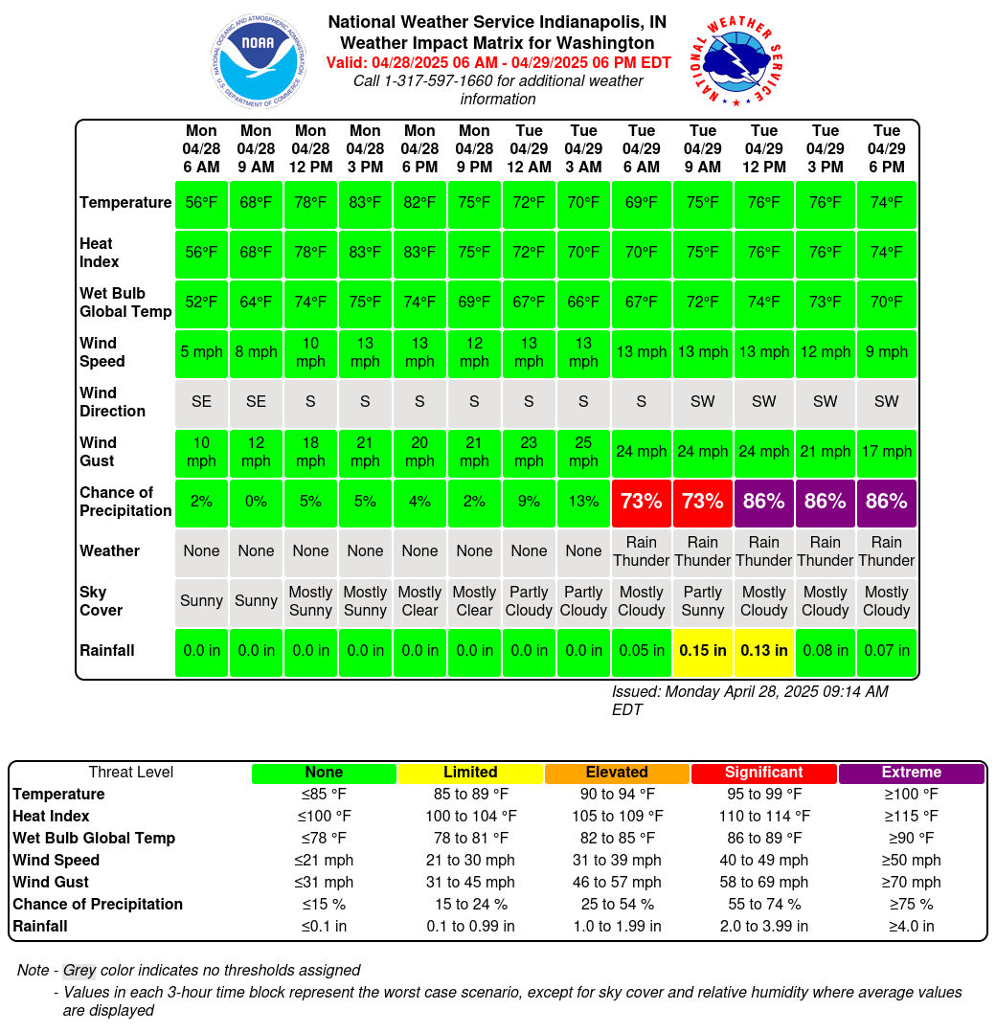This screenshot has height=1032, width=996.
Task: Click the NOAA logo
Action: click(x=258, y=60)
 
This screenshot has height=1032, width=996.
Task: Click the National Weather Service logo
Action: click(x=736, y=60)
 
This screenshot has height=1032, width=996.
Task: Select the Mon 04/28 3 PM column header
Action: click(x=365, y=148)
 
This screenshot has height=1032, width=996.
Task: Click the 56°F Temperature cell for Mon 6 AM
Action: click(x=201, y=203)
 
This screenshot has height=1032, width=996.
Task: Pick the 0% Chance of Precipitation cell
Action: click(x=256, y=502)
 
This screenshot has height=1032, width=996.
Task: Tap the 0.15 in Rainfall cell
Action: click(x=702, y=651)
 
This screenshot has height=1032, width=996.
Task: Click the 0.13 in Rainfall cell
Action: click(x=763, y=651)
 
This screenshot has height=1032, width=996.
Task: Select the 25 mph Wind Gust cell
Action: click(x=583, y=452)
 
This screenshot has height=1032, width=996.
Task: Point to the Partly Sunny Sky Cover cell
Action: click(x=702, y=601)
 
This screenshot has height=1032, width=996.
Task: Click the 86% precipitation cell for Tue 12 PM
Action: click(x=763, y=502)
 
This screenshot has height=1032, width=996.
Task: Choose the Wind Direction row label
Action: click(x=112, y=401)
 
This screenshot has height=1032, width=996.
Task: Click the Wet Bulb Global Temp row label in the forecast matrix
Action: click(x=125, y=303)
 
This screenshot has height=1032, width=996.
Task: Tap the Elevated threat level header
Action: click(x=617, y=773)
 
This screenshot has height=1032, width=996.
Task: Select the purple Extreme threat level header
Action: click(x=911, y=773)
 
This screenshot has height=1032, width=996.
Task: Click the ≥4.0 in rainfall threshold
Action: click(x=911, y=926)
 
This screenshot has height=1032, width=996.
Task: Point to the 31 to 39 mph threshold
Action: click(x=617, y=861)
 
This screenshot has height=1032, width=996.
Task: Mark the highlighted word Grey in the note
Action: click(x=79, y=970)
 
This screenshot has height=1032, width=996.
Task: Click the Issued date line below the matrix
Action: click(x=750, y=701)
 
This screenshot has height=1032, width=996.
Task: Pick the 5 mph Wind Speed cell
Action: click(x=201, y=352)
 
